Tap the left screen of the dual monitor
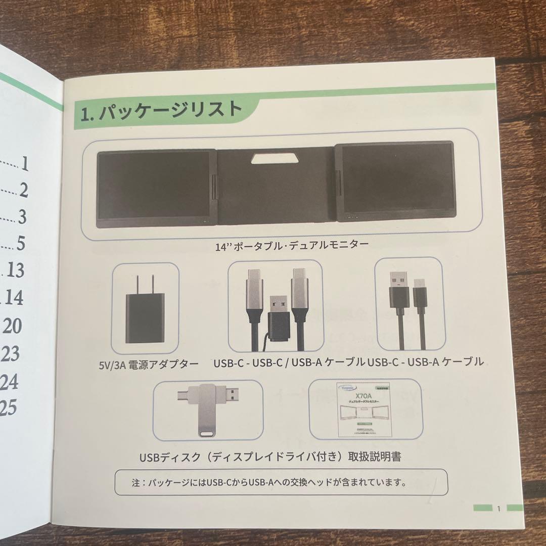tap(153, 186)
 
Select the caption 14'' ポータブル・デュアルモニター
tap(291, 246)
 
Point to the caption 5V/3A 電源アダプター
tap(149, 363)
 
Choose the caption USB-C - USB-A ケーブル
tap(426, 362)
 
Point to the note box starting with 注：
tap(281, 482)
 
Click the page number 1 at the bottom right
tap(498, 509)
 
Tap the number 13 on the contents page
tap(16, 270)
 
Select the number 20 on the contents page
tap(12, 326)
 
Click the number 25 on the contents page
tap(9, 408)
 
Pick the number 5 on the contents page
tap(20, 244)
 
